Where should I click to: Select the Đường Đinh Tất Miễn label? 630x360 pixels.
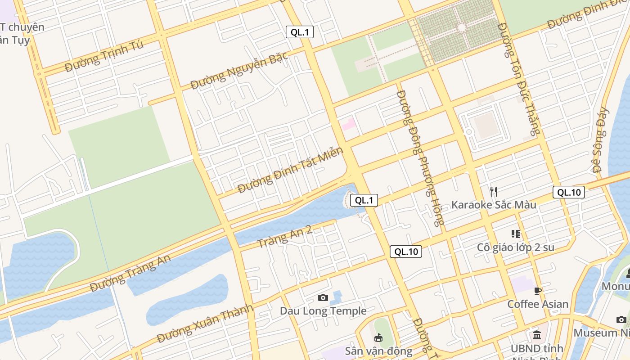tap(290, 170)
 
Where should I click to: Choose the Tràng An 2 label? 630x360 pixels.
tap(284, 237)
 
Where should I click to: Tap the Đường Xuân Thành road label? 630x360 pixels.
tap(205, 324)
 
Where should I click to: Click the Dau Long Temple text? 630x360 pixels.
tap(323, 311)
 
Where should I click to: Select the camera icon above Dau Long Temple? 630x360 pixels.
tap(323, 297)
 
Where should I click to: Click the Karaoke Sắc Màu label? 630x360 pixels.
tap(494, 205)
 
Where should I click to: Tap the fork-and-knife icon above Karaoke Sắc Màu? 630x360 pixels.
tap(494, 191)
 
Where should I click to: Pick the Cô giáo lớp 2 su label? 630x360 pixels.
tap(516, 247)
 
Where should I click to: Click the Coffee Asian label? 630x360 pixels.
tap(538, 304)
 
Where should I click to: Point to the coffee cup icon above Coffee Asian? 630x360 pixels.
tap(537, 291)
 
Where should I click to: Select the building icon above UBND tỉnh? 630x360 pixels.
tap(537, 335)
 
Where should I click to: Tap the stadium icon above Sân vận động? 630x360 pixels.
tap(378, 337)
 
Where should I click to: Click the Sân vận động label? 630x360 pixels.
tap(378, 351)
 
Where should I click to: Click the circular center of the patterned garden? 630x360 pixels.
tap(461, 28)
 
